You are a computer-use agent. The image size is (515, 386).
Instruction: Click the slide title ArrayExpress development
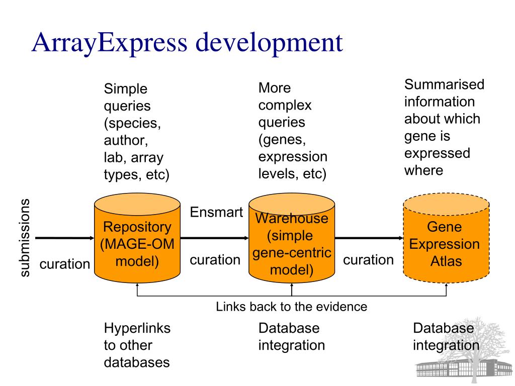click(x=187, y=43)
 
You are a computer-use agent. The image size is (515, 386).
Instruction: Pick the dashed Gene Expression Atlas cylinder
click(x=446, y=244)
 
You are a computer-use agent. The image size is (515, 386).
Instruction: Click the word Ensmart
click(x=216, y=213)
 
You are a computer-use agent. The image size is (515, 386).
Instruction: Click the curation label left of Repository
click(x=65, y=264)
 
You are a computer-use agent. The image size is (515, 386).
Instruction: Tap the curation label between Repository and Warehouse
click(x=215, y=260)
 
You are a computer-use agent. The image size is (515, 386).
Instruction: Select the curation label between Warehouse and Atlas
click(x=369, y=260)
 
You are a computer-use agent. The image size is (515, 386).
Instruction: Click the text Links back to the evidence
click(x=292, y=306)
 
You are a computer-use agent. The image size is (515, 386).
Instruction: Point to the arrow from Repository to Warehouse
click(x=214, y=238)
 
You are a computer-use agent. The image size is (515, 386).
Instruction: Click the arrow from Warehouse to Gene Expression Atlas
click(x=369, y=238)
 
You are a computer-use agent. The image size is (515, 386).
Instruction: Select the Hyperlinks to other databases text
click(x=137, y=345)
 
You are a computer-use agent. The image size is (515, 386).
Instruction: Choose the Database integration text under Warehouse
click(x=292, y=337)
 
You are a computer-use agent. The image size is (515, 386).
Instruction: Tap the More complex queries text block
click(x=293, y=131)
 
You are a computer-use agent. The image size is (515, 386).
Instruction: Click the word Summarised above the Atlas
click(x=444, y=84)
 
